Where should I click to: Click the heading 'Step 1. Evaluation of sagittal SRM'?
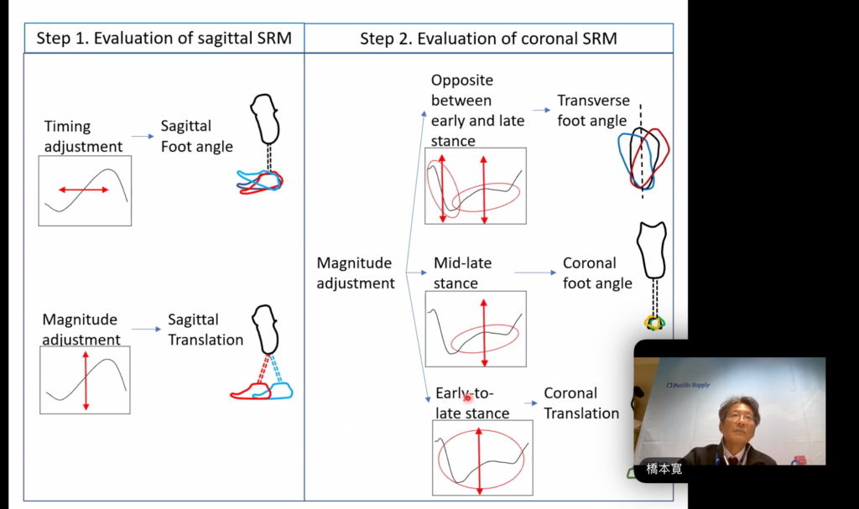point(164,39)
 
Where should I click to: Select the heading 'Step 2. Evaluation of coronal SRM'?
point(488,39)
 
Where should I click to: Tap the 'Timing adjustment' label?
point(83,137)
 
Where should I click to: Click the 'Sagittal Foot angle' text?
point(196,136)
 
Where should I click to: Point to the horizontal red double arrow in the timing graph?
point(84,190)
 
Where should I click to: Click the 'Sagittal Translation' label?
point(206,330)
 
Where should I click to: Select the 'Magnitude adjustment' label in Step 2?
point(356,273)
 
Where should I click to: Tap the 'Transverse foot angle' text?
point(593,110)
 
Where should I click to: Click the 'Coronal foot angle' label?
point(597,273)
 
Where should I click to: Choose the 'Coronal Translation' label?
point(581,403)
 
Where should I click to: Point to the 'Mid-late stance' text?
point(462,273)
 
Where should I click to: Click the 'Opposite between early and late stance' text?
point(477,110)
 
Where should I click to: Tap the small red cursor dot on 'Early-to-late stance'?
point(467,397)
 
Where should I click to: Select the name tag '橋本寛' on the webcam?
point(664,469)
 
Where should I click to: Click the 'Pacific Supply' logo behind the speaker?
point(688,385)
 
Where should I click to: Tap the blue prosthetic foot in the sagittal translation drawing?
point(279,391)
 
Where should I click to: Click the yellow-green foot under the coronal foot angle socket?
point(654,323)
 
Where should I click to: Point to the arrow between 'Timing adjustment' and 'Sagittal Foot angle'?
point(143,137)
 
